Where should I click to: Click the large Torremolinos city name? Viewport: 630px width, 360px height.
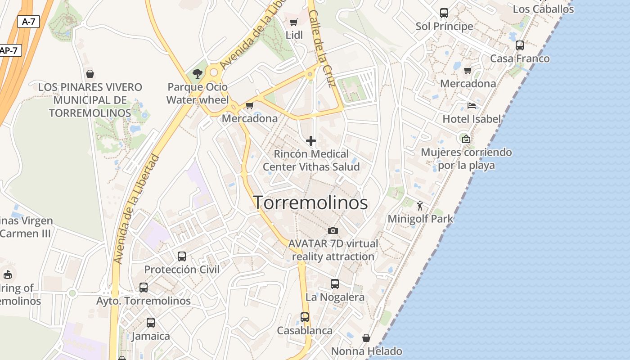[x=310, y=203]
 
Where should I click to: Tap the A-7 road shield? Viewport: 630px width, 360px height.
[x=28, y=21]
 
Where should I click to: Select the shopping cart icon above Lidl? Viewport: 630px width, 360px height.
[x=294, y=22]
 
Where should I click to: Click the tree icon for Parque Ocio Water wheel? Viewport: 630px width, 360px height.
[x=197, y=73]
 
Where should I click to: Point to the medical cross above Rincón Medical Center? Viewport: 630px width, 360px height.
[x=311, y=141]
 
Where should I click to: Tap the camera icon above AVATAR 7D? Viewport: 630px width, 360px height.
[x=333, y=230]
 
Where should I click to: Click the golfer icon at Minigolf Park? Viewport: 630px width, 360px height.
[x=420, y=206]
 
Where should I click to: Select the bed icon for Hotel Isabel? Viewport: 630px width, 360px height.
[x=472, y=106]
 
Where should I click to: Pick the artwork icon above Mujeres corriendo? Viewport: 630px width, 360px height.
[x=466, y=139]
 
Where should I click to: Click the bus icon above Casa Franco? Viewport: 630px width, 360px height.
[x=520, y=45]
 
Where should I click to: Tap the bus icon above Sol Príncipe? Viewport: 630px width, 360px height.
[x=444, y=13]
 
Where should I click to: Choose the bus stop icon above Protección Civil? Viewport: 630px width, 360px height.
[x=182, y=256]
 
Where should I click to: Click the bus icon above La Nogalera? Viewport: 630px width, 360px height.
[x=335, y=284]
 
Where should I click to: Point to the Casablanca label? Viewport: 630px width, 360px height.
[x=305, y=330]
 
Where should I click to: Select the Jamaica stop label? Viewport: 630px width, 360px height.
[x=151, y=336]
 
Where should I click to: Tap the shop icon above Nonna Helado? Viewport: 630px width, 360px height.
[x=367, y=338]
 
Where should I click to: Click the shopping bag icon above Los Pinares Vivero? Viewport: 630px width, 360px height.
[x=90, y=74]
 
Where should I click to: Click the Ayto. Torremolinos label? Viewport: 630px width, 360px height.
[x=144, y=301]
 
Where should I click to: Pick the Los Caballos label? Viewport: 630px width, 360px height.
[x=543, y=9]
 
